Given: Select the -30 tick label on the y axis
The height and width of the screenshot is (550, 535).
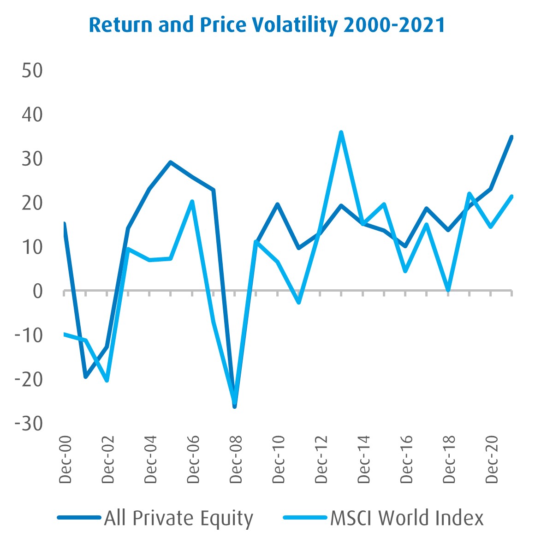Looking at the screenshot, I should click(29, 423).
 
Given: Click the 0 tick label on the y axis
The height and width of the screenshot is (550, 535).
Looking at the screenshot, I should click(37, 291).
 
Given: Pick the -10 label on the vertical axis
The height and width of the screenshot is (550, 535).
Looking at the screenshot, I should click(29, 335).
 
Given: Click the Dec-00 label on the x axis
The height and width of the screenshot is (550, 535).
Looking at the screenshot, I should click(65, 459).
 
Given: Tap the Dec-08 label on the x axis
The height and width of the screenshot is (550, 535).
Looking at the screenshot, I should click(237, 459).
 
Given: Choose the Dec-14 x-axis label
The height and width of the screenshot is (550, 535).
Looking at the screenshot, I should click(364, 459).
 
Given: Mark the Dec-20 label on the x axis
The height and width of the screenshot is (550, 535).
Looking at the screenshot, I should click(493, 459).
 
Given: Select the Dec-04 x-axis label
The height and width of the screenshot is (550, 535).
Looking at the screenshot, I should click(151, 459).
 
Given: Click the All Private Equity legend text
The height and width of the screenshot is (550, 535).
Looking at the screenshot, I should click(179, 518).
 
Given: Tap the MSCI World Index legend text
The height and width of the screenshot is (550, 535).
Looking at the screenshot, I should click(407, 518).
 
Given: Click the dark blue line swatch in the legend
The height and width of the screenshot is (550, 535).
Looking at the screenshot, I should click(79, 518).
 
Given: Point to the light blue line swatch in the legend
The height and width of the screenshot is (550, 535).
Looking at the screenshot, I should click(305, 518).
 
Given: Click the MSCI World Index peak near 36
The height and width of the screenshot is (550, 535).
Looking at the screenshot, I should click(341, 132).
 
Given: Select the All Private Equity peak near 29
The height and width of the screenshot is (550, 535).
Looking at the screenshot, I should click(170, 162).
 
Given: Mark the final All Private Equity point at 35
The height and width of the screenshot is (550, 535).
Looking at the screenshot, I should click(512, 137).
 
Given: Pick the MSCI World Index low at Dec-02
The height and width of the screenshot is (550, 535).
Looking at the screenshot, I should click(107, 381).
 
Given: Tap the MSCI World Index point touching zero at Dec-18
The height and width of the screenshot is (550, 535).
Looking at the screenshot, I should click(448, 290).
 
